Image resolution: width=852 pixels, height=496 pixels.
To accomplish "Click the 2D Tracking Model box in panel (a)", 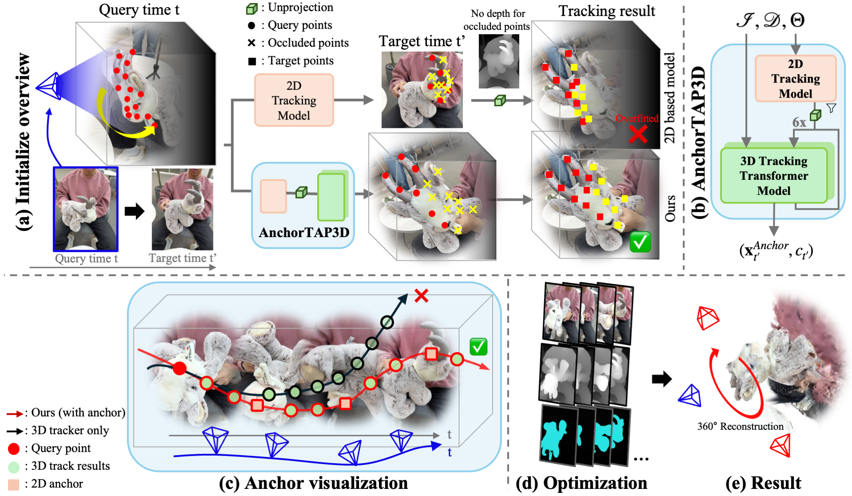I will [x=294, y=100].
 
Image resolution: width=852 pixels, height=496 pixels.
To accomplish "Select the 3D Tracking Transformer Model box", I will [x=773, y=176].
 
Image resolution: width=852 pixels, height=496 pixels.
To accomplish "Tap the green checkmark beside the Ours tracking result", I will [x=640, y=242].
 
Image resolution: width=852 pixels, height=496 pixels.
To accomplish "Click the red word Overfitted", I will [x=637, y=119].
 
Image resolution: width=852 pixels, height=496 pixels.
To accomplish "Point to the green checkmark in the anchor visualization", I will [x=478, y=347].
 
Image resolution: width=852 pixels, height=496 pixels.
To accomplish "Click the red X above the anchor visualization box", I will [x=421, y=295].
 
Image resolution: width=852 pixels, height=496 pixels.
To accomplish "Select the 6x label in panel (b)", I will [x=799, y=123].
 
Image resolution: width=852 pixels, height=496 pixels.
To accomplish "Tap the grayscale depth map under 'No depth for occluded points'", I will [x=499, y=61].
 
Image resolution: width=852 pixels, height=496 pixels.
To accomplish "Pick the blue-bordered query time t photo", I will [x=86, y=209].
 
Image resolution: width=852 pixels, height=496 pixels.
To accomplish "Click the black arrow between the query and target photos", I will [x=134, y=211].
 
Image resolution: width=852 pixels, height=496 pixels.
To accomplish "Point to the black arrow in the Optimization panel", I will [x=662, y=379].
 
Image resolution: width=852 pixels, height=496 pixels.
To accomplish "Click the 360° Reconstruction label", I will [x=740, y=426].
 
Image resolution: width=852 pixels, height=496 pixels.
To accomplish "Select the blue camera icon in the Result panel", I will [x=690, y=396].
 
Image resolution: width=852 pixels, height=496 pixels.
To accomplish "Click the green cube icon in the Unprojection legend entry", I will [x=252, y=8].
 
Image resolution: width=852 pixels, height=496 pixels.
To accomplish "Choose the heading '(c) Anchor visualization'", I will [x=313, y=483].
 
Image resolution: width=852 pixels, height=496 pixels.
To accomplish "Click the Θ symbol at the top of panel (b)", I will [x=797, y=20].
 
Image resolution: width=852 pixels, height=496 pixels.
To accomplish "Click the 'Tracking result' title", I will [x=607, y=11].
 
